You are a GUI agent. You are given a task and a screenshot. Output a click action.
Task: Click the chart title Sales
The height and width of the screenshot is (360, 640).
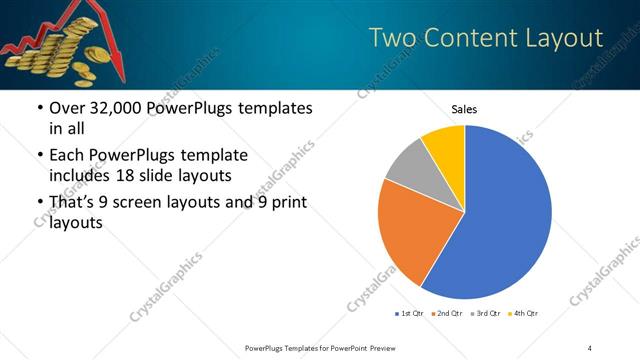point(464,108)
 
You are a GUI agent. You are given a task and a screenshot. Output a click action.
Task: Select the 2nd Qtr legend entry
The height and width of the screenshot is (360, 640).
point(447,314)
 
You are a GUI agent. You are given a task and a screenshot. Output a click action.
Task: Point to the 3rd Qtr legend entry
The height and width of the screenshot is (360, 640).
point(486,314)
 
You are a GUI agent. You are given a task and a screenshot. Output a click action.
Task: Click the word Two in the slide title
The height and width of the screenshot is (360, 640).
point(393,38)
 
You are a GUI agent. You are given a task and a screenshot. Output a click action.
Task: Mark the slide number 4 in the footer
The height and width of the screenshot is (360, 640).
point(590,347)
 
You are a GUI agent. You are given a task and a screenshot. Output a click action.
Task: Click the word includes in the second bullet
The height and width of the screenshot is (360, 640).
point(66,177)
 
